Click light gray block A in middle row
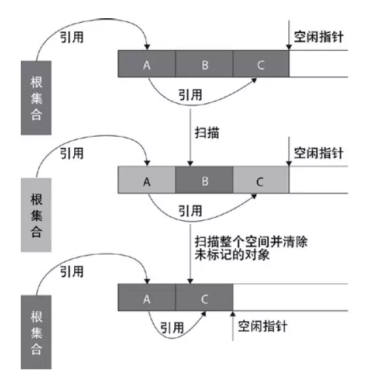(147, 180)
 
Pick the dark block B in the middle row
(204, 180)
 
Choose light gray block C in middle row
(260, 180)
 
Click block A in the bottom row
(147, 298)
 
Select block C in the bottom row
(204, 298)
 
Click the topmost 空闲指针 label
(318, 37)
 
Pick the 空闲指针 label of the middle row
(318, 154)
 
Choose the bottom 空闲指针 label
(263, 325)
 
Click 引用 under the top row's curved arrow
(189, 94)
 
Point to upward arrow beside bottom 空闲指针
(232, 326)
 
